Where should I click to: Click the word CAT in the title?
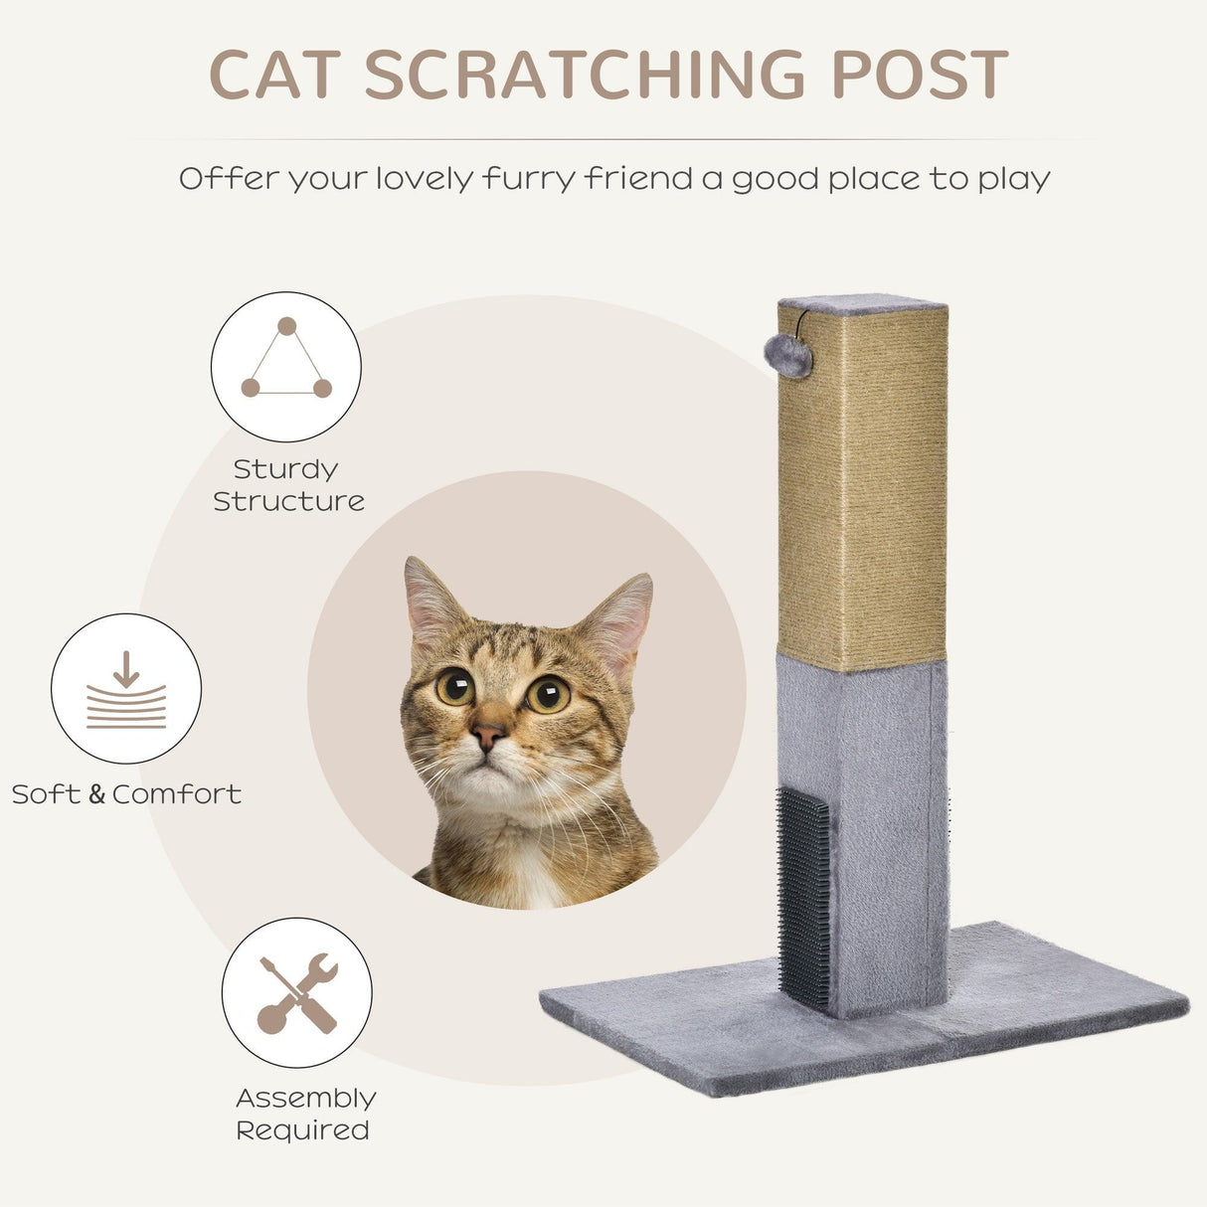274,75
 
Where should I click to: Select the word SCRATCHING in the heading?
585,75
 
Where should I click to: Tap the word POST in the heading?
920,75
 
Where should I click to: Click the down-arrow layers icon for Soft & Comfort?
126,689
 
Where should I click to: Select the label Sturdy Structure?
288,485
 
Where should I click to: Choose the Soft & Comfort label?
126,794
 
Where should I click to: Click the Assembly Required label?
304,1114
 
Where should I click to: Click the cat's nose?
487,737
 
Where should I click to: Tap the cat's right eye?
548,693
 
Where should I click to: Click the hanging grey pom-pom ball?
788,355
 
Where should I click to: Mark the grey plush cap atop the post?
862,302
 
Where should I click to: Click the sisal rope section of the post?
862,487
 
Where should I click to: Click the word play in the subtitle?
1014,179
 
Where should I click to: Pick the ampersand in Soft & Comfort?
96,794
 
